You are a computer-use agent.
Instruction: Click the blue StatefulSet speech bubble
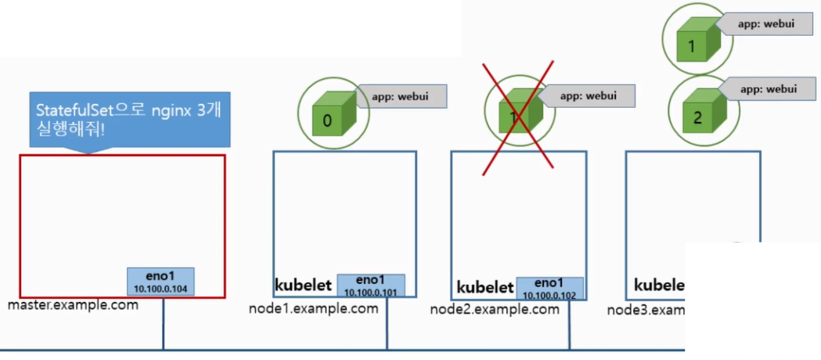129,119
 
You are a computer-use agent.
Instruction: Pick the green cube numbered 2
698,113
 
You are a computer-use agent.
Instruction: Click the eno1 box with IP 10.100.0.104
162,282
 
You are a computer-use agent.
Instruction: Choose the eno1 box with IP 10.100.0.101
370,286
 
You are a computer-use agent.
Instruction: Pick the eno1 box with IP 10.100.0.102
549,288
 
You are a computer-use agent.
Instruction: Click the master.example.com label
73,305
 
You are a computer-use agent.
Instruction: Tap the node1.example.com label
313,308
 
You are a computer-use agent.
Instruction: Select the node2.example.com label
495,309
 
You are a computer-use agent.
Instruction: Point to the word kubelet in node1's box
303,285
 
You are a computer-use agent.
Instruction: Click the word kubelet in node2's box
484,287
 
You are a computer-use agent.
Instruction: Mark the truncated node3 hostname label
646,311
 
